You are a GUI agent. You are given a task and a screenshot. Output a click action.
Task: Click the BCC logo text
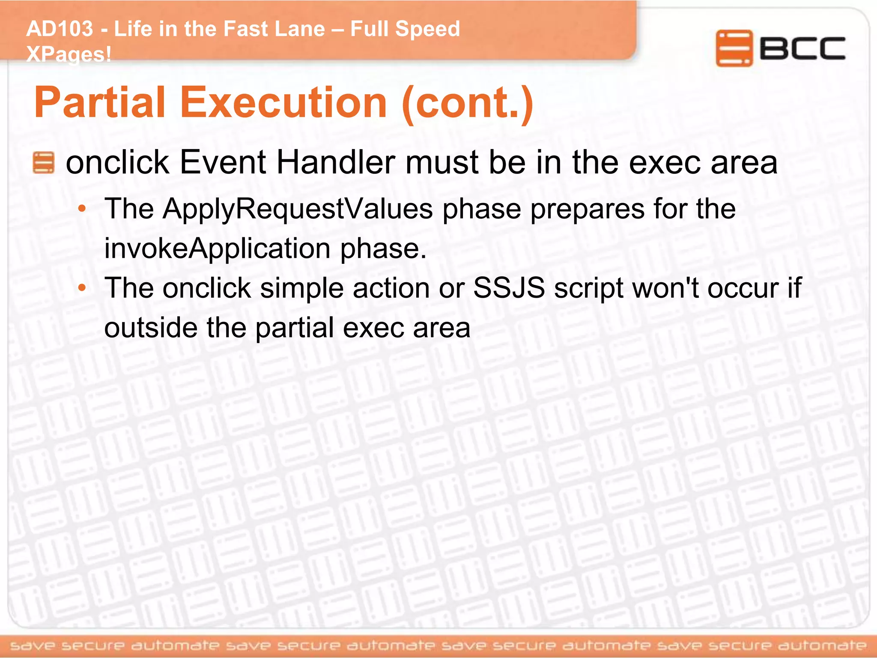coord(802,48)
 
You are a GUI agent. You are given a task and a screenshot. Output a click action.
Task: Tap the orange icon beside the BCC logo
coord(734,48)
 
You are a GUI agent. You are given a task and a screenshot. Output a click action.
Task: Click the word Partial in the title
coord(100,103)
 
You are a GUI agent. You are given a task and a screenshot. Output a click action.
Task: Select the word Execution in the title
coord(283,103)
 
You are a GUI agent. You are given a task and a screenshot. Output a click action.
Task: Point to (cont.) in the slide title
coord(468,103)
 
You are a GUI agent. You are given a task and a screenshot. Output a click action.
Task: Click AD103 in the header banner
coord(60,29)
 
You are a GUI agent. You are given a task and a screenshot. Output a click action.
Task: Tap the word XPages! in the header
coord(69,54)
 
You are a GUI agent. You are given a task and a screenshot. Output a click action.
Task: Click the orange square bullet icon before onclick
coord(44,163)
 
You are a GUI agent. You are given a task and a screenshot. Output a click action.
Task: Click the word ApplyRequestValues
coord(298,209)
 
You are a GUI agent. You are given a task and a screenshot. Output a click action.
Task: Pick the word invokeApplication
coord(217,248)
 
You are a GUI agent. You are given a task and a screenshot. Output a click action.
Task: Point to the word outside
coord(150,328)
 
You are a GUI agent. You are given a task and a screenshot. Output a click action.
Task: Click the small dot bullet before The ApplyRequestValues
coord(82,209)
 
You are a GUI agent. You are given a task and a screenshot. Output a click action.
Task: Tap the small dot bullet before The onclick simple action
coord(82,288)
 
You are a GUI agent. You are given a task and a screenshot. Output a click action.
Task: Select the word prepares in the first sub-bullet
coord(587,209)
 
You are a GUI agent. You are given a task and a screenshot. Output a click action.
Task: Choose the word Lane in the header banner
coord(299,29)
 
